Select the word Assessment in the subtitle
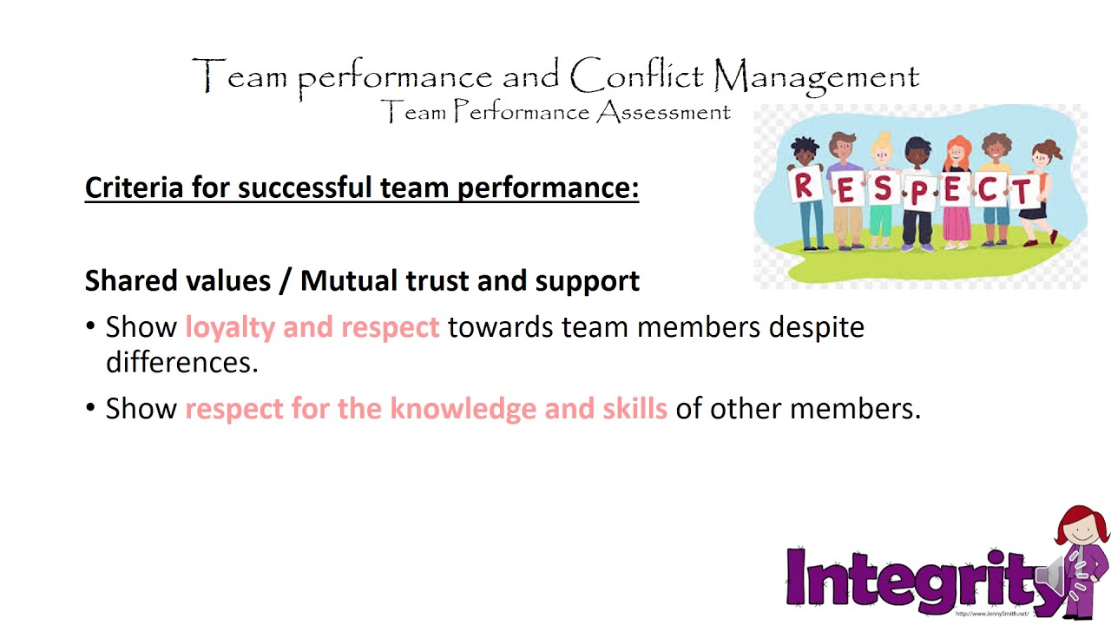point(663,112)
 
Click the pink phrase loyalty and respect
point(312,327)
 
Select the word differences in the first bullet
point(181,362)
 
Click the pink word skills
point(634,408)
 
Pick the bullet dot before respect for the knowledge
point(91,408)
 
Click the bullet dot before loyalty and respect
point(91,326)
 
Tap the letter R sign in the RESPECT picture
point(803,184)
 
